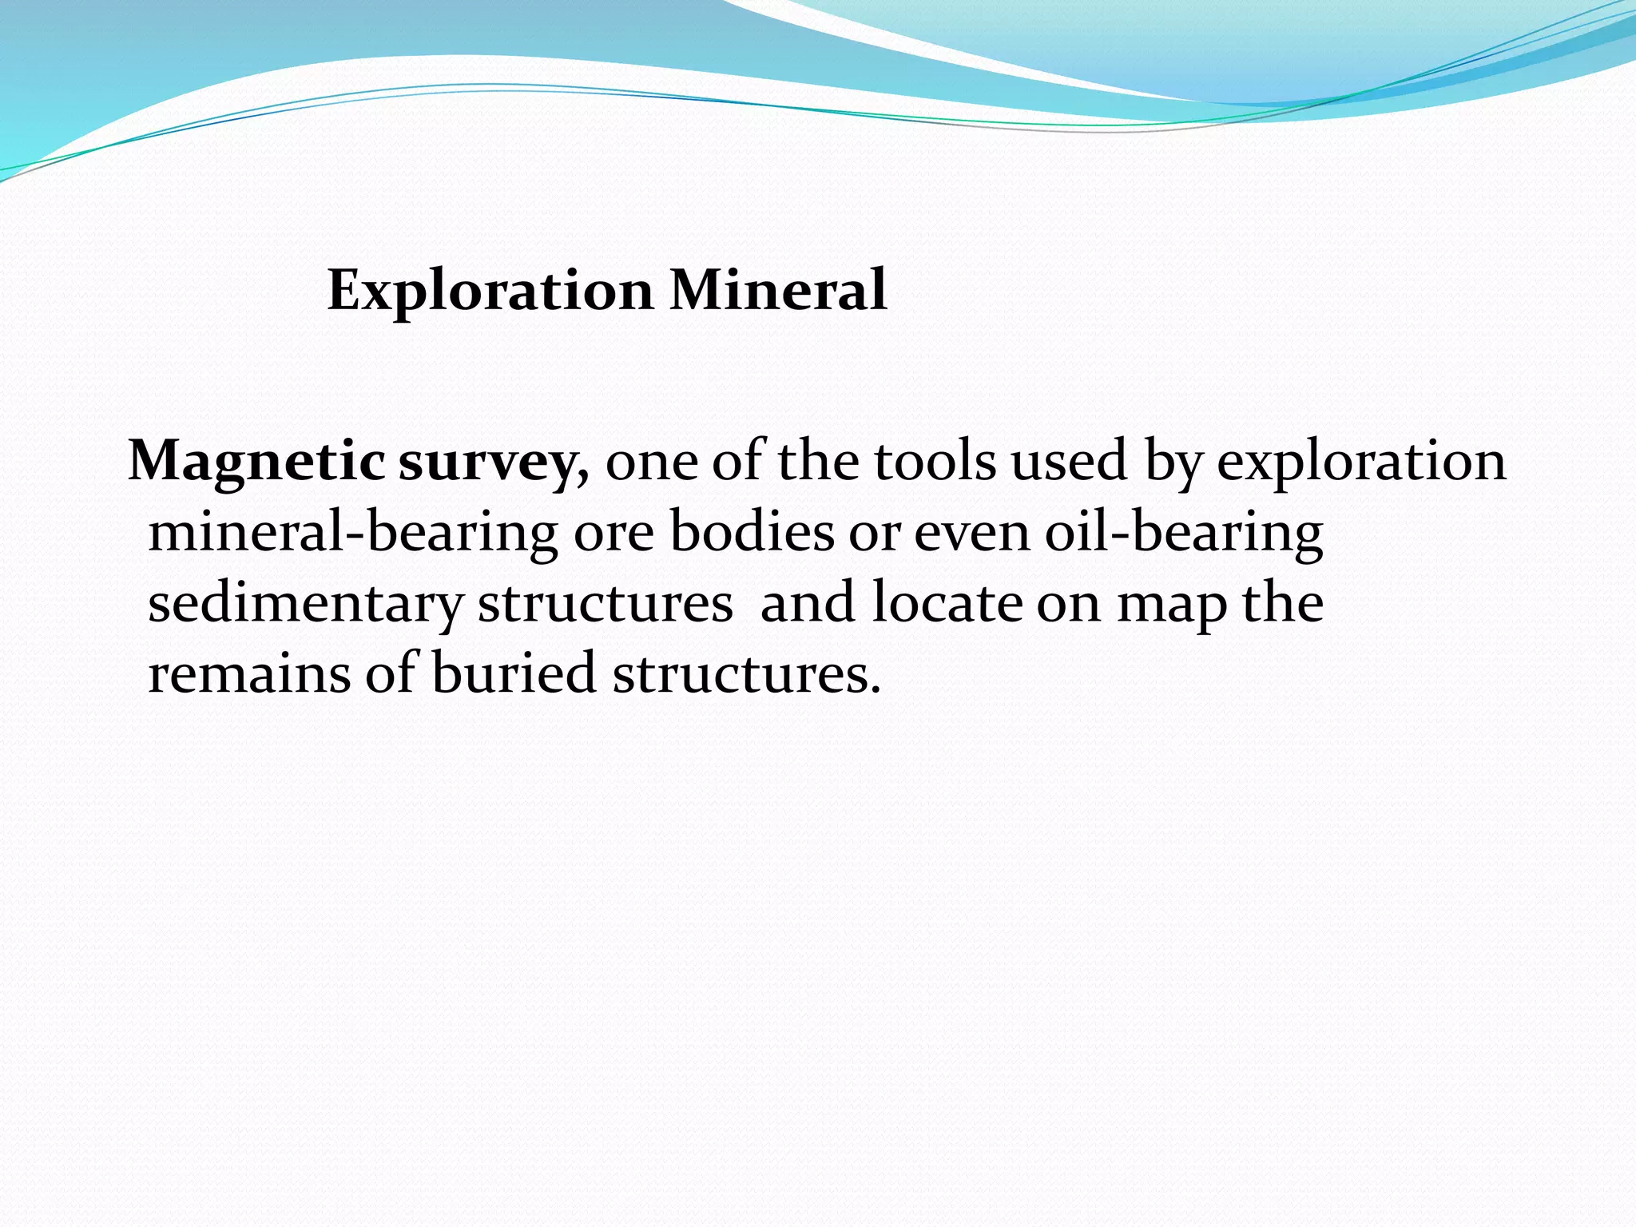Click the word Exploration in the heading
click(x=490, y=291)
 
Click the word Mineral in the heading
click(x=778, y=291)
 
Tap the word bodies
click(x=752, y=532)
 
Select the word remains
click(x=248, y=673)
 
